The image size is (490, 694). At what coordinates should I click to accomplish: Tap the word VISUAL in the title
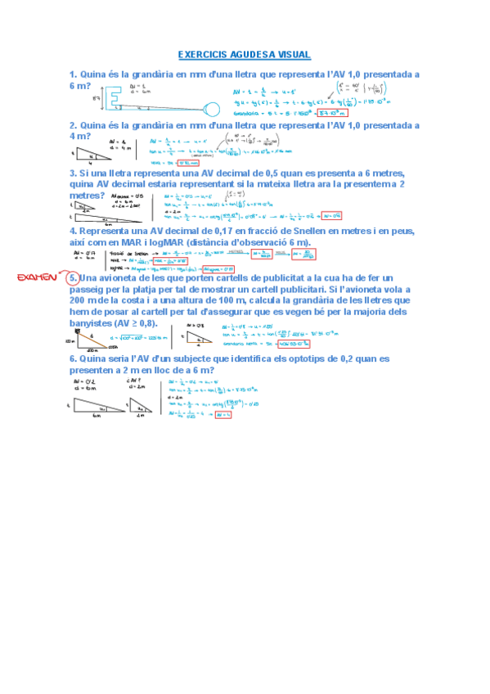(x=293, y=55)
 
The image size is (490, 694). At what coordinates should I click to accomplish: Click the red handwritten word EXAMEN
(x=37, y=278)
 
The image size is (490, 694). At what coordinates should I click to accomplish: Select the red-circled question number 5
(x=73, y=278)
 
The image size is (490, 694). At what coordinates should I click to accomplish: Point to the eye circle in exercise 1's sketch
(x=212, y=107)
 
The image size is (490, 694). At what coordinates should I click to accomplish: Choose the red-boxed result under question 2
(x=173, y=163)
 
